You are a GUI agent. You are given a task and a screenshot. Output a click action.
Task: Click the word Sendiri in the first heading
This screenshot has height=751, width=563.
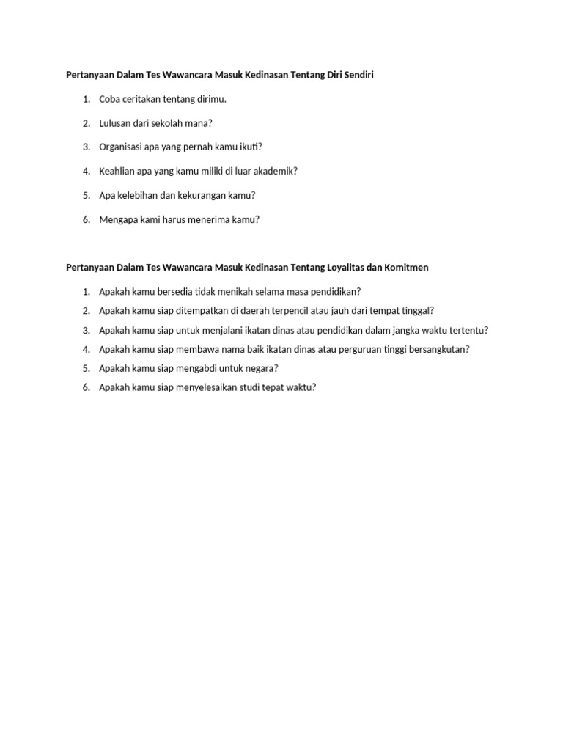point(358,76)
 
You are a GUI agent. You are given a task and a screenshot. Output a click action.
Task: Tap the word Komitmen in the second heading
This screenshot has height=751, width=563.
point(408,268)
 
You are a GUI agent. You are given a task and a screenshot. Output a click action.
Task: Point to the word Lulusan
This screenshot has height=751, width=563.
point(115,123)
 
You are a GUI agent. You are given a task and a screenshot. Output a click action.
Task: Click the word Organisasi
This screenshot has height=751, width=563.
point(122,147)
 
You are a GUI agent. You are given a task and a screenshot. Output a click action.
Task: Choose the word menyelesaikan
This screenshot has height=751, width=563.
point(211,387)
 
